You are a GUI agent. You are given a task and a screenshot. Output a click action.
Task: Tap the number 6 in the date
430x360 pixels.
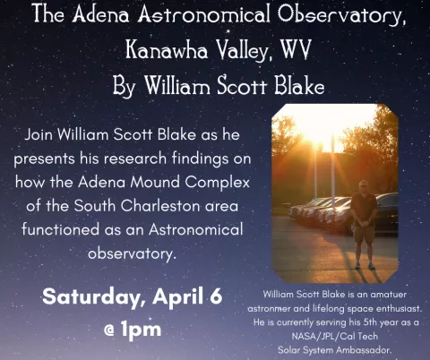click(214, 296)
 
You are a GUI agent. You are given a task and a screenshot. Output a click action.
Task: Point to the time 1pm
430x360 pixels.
click(142, 328)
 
